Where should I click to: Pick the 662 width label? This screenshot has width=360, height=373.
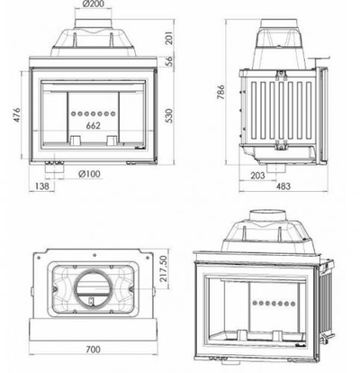(x=93, y=126)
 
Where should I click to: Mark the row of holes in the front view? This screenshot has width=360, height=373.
(x=93, y=114)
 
